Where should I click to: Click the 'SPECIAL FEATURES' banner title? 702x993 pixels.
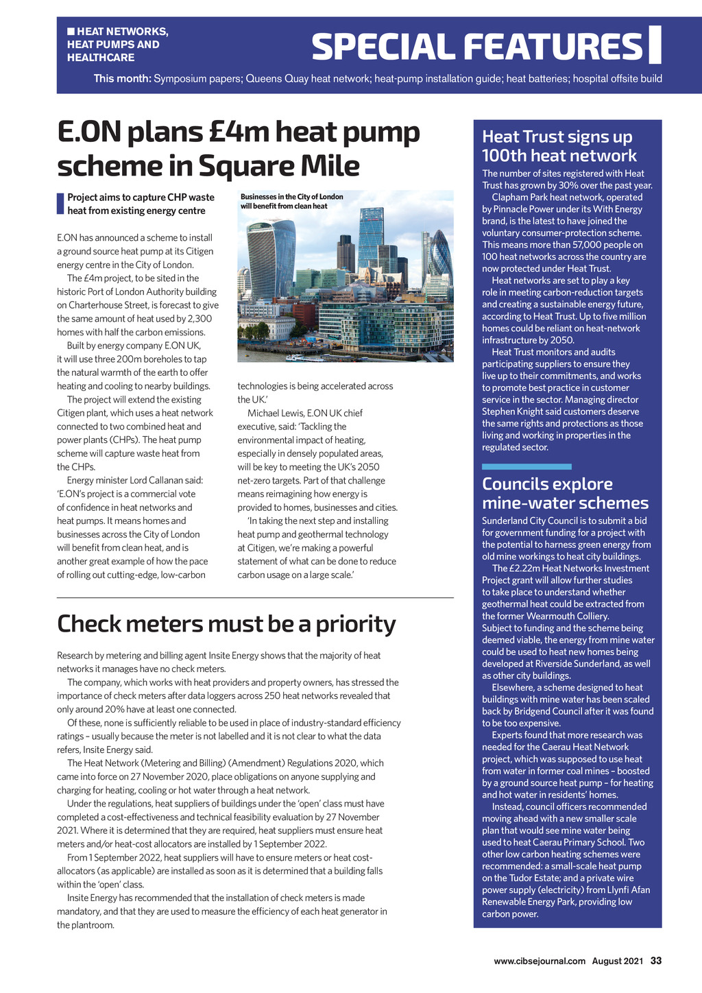tap(476, 47)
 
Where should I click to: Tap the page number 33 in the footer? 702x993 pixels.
tap(656, 961)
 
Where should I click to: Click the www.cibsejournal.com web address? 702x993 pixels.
tap(540, 961)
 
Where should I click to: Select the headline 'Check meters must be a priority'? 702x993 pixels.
tap(226, 624)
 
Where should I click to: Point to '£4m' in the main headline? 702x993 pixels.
tap(228, 132)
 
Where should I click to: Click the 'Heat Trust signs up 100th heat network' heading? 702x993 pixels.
tap(559, 146)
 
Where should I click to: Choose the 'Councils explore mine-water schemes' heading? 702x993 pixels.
tap(565, 493)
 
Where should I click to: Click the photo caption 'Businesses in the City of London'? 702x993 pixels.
tap(291, 197)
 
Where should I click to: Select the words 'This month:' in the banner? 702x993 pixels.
tap(122, 78)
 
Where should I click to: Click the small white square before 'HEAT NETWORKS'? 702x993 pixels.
tap(71, 32)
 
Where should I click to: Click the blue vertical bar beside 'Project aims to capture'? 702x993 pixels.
tap(60, 204)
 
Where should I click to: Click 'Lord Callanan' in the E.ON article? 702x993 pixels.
tap(173, 480)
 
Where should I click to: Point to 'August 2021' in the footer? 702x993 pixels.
tap(618, 961)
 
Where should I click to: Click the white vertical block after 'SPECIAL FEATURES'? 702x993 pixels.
tap(655, 45)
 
